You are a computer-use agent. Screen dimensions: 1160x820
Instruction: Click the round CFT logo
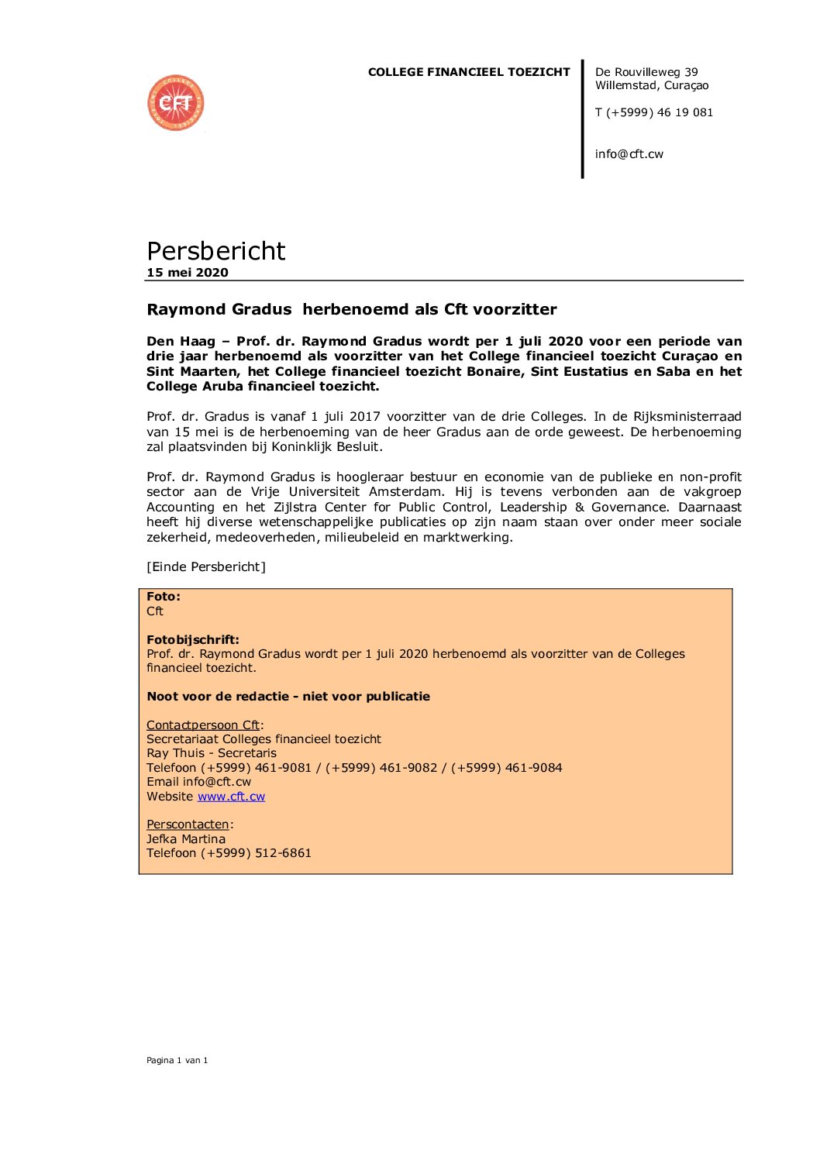176,103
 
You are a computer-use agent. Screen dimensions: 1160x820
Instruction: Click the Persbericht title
215,251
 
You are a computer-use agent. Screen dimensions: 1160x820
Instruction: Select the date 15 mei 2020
188,273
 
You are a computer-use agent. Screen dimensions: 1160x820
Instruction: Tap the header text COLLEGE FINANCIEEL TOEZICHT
468,72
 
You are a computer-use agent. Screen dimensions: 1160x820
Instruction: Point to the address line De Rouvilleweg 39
646,72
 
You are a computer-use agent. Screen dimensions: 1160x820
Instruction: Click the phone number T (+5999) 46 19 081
653,112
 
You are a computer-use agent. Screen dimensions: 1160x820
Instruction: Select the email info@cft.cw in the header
629,154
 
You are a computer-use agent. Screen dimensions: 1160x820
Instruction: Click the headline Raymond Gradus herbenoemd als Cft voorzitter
352,309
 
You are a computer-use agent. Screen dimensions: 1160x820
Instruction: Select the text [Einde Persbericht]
206,567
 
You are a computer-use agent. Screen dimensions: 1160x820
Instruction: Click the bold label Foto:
164,597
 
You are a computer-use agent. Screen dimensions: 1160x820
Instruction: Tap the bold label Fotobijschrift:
193,640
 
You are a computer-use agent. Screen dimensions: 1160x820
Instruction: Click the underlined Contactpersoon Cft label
203,725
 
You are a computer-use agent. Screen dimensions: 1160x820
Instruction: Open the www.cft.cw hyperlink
231,797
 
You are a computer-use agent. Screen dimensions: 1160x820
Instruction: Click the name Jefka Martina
186,839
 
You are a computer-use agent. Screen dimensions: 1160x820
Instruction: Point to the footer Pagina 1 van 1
177,1060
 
